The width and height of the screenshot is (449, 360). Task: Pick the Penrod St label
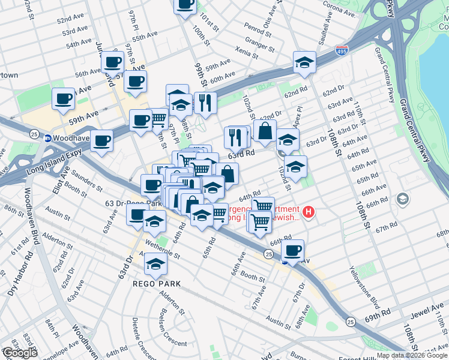coord(258,28)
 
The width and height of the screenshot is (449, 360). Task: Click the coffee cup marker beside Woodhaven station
coord(102,142)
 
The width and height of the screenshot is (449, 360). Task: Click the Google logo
coord(20,353)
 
